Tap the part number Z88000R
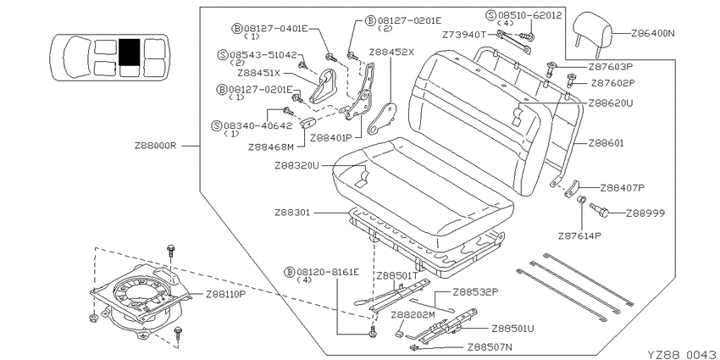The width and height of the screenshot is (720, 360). click(156, 146)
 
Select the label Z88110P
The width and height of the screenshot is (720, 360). click(225, 294)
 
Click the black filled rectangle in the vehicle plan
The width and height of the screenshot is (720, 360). click(129, 52)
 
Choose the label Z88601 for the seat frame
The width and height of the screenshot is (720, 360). click(606, 143)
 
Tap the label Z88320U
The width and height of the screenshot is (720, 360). click(296, 165)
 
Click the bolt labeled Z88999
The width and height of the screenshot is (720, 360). click(599, 210)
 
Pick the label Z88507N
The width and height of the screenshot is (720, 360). click(490, 347)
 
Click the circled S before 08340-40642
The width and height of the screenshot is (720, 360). click(216, 126)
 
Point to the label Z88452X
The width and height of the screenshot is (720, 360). click(391, 52)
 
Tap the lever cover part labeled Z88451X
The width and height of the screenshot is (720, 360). click(326, 86)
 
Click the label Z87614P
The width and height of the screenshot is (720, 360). click(579, 236)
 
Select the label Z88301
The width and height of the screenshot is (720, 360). click(292, 213)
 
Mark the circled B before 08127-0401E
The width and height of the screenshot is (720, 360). click(237, 29)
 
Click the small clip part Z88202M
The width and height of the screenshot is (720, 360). click(400, 331)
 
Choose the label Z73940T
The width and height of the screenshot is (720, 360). click(463, 35)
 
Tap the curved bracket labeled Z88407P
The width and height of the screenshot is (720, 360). click(572, 189)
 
